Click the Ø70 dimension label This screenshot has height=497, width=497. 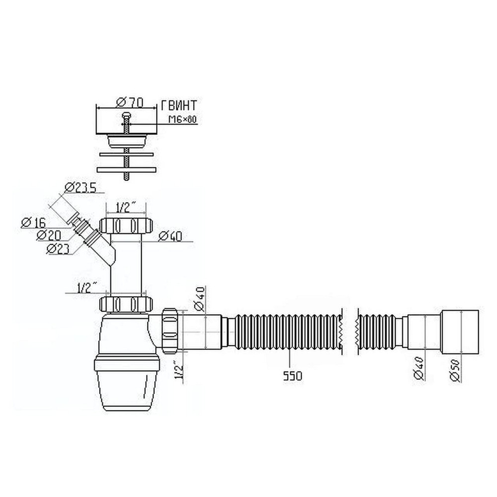pyautogui.click(x=130, y=102)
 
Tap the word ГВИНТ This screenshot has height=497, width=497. pyautogui.click(x=179, y=105)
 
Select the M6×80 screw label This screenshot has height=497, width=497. pyautogui.click(x=182, y=119)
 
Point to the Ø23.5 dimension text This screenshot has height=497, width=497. pyautogui.click(x=80, y=188)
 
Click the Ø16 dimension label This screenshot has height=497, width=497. pyautogui.click(x=33, y=223)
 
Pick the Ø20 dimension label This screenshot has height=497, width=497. pyautogui.click(x=49, y=235)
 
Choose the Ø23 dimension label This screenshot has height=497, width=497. pyautogui.click(x=58, y=249)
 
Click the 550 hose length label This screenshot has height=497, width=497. pyautogui.click(x=293, y=376)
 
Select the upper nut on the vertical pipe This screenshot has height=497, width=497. pyautogui.click(x=126, y=225)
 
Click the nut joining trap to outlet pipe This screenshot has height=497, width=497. pyautogui.click(x=169, y=331)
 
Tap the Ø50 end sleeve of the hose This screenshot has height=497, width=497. pyautogui.click(x=460, y=331)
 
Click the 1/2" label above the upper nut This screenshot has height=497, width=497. pyautogui.click(x=126, y=208)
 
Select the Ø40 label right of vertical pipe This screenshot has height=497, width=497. pyautogui.click(x=170, y=237)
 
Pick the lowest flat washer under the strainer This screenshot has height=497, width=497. pyautogui.click(x=126, y=170)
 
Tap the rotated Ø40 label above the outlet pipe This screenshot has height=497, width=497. pyautogui.click(x=200, y=298)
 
